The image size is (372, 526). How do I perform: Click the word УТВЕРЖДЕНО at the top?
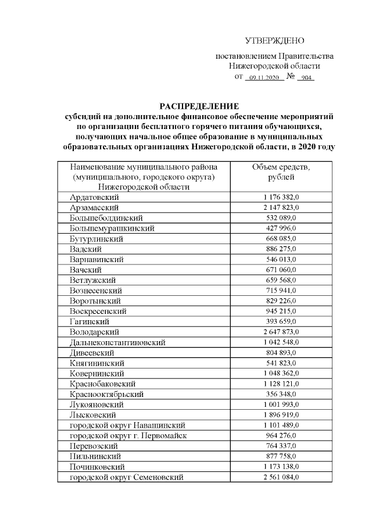tap(274, 41)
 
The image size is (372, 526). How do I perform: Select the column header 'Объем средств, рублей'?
tap(281, 172)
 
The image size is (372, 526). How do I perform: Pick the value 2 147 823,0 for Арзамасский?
tap(281, 207)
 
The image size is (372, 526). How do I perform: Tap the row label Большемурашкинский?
tap(112, 228)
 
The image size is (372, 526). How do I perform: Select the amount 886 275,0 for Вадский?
tap(281, 249)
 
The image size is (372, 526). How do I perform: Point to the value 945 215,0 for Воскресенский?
tap(281, 311)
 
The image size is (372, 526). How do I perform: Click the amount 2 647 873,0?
tap(281, 331)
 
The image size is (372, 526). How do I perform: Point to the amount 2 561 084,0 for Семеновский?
tap(281, 477)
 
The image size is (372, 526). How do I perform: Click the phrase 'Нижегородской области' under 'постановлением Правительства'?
tap(274, 66)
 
